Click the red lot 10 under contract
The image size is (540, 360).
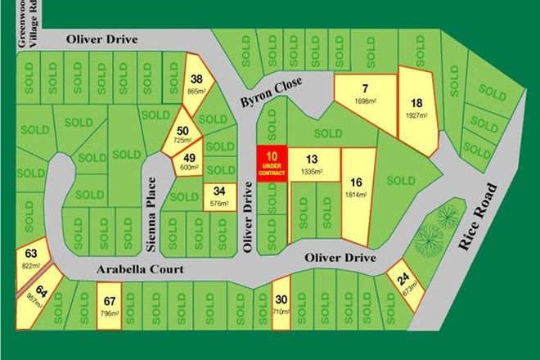tap(273, 162)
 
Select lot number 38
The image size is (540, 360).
tap(196, 85)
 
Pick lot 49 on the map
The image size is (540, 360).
tap(188, 163)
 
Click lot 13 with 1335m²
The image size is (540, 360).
tap(312, 164)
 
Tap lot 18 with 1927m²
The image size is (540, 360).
tap(417, 110)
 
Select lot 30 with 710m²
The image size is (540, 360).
tap(281, 304)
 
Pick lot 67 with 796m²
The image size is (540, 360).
tap(110, 305)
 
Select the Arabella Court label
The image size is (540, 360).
tap(124, 269)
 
